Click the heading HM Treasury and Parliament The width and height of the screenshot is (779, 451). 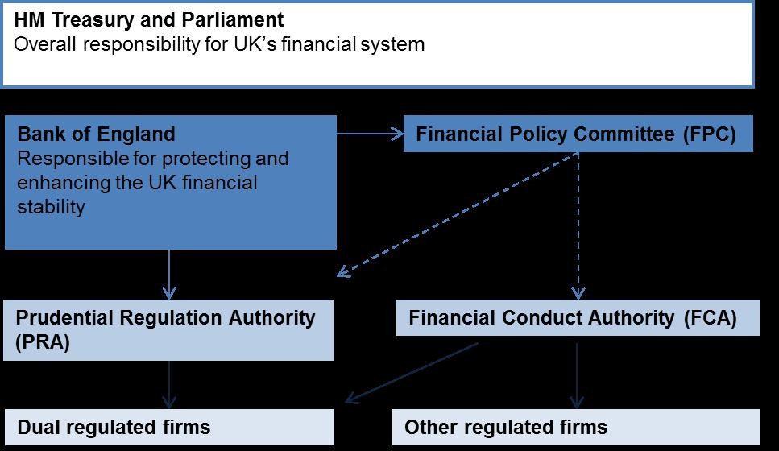pyautogui.click(x=149, y=19)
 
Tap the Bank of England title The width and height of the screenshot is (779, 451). pyautogui.click(x=96, y=134)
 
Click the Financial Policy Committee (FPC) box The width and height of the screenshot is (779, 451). pyautogui.click(x=577, y=134)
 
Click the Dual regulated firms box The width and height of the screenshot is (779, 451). pyautogui.click(x=169, y=427)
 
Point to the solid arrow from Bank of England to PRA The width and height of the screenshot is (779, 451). pyautogui.click(x=169, y=274)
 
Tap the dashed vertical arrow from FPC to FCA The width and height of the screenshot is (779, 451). pyautogui.click(x=577, y=225)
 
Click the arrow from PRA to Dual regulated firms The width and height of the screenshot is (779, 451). pyautogui.click(x=169, y=384)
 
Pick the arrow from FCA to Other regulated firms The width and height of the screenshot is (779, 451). pyautogui.click(x=577, y=374)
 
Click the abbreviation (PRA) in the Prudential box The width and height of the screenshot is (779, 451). pyautogui.click(x=43, y=341)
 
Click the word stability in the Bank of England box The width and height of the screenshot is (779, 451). pyautogui.click(x=50, y=207)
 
